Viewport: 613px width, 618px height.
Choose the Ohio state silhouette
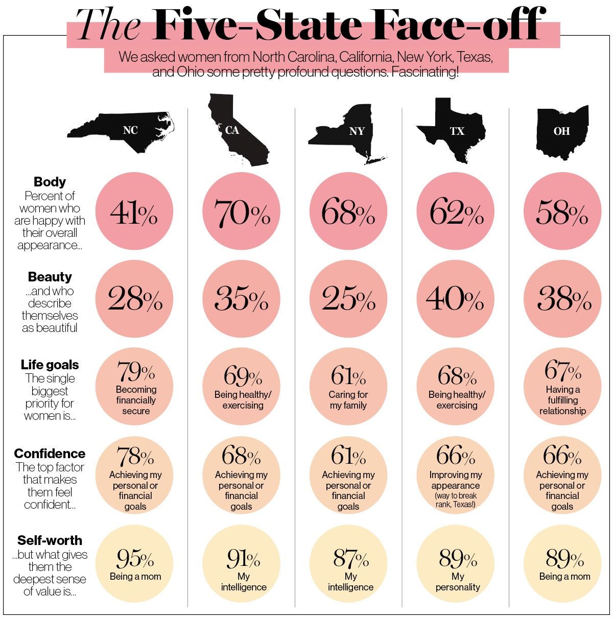[x=562, y=131]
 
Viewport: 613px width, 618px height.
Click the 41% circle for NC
[x=134, y=211]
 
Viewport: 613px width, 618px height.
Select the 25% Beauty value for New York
[x=348, y=299]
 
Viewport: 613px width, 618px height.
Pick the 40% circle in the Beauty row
[x=456, y=299]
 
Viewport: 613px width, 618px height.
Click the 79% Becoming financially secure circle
[x=134, y=387]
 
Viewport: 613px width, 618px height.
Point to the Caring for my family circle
[x=348, y=387]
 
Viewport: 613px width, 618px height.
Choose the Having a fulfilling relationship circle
[x=562, y=387]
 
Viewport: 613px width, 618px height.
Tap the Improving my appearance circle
[x=456, y=475]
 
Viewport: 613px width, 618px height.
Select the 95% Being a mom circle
[x=134, y=563]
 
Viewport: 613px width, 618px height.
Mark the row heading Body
[x=50, y=182]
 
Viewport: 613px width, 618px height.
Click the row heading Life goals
[x=50, y=365]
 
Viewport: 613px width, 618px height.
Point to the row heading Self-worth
[x=50, y=540]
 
